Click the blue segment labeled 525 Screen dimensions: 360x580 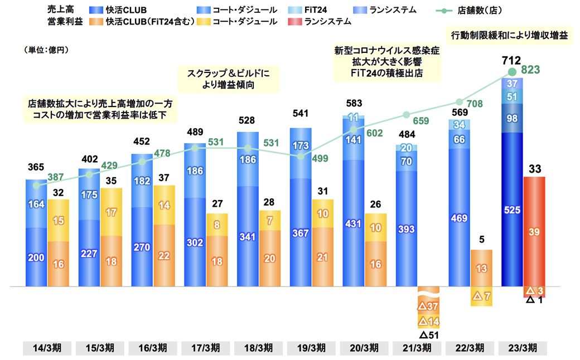(513, 210)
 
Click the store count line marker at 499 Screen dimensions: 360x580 (301, 157)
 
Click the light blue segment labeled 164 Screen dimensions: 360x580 (36, 204)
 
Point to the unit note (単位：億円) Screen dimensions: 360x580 (46, 50)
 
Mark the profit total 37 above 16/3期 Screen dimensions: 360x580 (164, 177)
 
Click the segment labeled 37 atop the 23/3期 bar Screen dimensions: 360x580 (513, 83)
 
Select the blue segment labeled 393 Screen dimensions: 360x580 (407, 229)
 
